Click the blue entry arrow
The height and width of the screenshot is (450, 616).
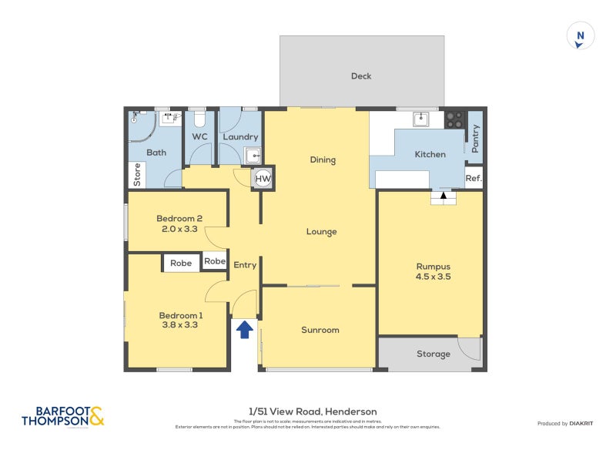coord(244,330)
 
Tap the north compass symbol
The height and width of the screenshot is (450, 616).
coord(581,35)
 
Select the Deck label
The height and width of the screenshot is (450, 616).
coord(361,76)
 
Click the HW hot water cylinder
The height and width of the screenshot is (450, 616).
coord(263,178)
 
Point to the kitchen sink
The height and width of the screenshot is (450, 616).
coord(420,119)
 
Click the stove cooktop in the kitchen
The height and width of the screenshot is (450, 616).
coord(454,119)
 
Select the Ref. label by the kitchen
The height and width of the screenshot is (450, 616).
coord(474,178)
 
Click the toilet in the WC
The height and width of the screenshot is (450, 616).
coord(199,119)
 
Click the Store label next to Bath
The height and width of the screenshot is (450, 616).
coord(138,175)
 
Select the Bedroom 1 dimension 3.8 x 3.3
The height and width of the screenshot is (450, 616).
coord(181,324)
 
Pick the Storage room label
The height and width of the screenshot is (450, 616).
coord(434,354)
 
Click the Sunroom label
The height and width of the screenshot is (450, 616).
coord(320,330)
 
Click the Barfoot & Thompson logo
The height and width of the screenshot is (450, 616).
coord(62,417)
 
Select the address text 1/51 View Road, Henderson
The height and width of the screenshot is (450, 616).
coord(313,411)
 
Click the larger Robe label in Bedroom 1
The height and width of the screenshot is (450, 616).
coord(181,263)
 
